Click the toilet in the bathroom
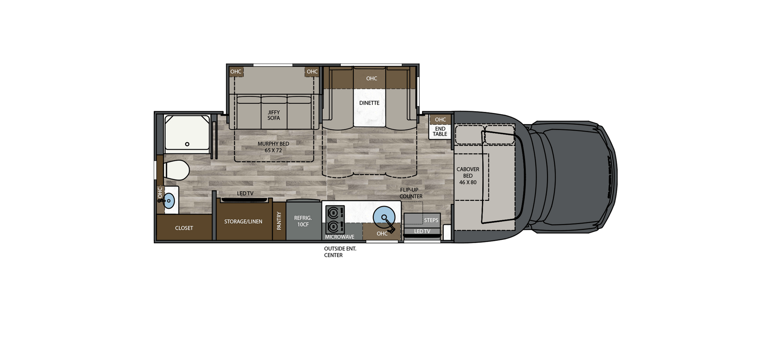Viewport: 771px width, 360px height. [x=176, y=170]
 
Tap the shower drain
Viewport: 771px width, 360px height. [x=187, y=144]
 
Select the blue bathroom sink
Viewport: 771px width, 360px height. [x=169, y=201]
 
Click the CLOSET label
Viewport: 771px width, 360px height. [x=184, y=228]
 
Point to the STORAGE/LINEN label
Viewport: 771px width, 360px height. [x=243, y=221]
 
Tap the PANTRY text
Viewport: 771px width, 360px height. [x=279, y=221]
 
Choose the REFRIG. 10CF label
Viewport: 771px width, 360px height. [x=303, y=221]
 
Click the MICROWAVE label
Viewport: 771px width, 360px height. [x=339, y=237]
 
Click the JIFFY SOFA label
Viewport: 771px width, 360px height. [x=274, y=115]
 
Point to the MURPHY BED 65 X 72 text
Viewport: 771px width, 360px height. [x=273, y=147]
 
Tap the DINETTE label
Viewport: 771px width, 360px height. [x=369, y=103]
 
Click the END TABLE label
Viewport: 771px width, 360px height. [x=440, y=131]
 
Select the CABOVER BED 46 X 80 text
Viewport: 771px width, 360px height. [x=468, y=176]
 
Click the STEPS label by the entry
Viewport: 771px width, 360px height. [x=431, y=220]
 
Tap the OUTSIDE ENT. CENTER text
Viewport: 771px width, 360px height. [x=340, y=252]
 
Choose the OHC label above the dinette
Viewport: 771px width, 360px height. [x=372, y=78]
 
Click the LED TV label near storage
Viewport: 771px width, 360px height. [x=245, y=193]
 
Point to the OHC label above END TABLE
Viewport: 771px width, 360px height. [x=440, y=119]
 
